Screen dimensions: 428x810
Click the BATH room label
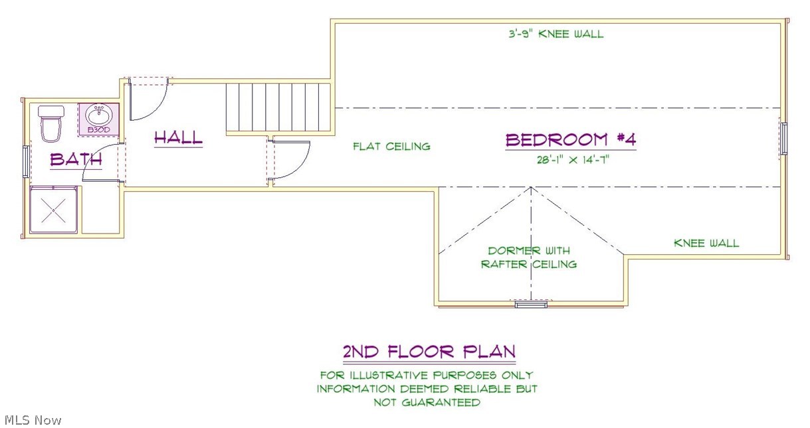tap(76, 160)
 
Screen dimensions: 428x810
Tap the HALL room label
tap(178, 137)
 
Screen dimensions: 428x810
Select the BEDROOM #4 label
tap(571, 140)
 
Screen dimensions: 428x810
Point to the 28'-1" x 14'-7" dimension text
tap(571, 159)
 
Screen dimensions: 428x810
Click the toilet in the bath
tap(51, 123)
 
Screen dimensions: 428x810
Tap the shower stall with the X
tap(54, 210)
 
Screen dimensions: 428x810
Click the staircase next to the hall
tap(278, 107)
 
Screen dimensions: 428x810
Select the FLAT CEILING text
tap(391, 146)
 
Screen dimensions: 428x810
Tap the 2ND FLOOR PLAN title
tap(429, 351)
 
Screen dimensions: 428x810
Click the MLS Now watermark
tap(33, 420)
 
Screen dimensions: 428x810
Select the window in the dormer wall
tap(531, 303)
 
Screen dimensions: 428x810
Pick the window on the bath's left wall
tap(26, 161)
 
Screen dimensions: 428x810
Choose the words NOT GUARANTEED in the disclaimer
tap(426, 402)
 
